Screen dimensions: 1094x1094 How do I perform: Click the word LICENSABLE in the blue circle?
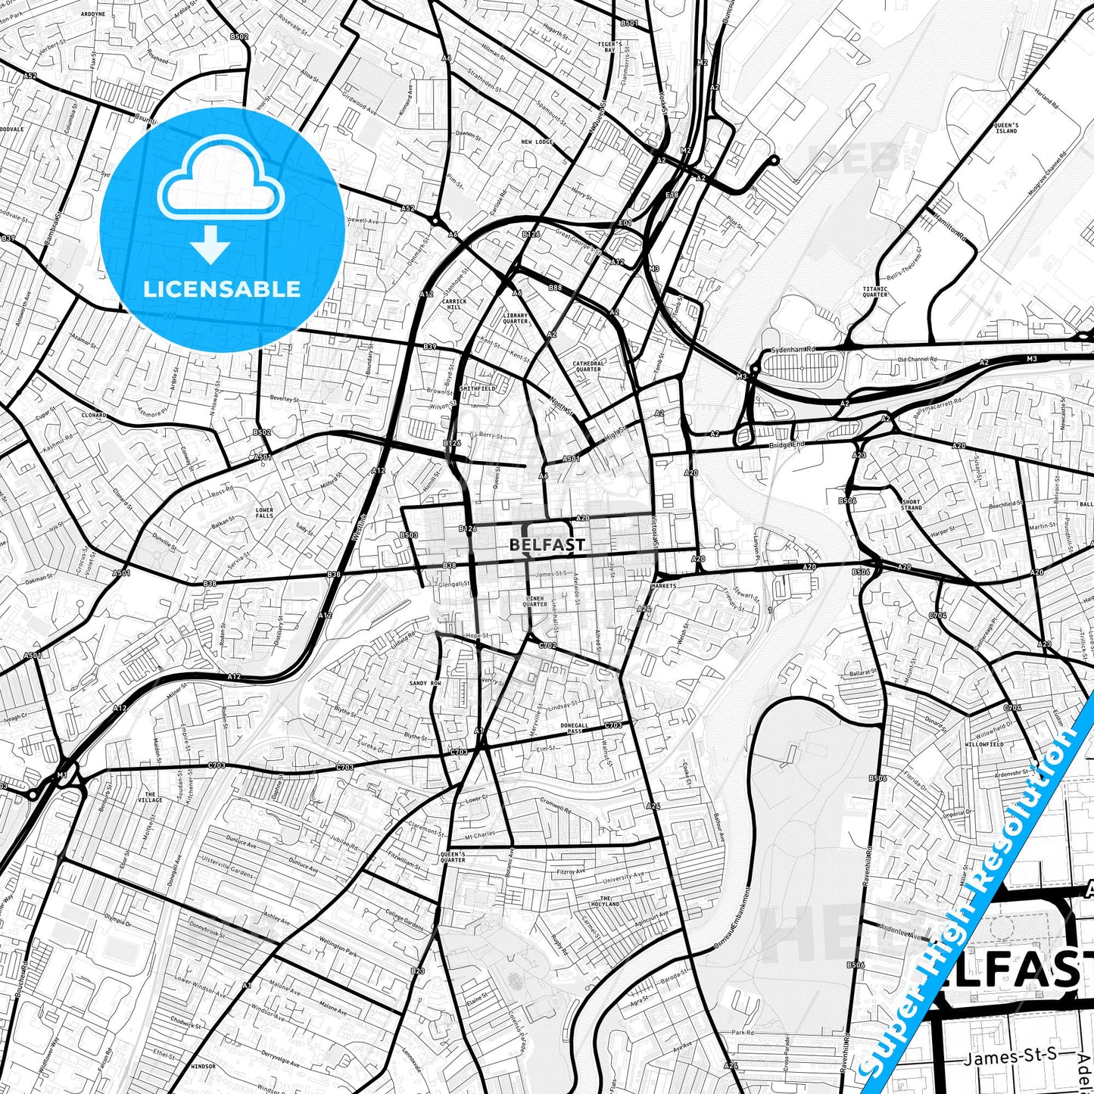pyautogui.click(x=222, y=288)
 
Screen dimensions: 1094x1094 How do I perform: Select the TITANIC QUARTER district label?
pyautogui.click(x=875, y=291)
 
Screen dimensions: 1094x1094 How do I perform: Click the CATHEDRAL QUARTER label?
pyautogui.click(x=588, y=366)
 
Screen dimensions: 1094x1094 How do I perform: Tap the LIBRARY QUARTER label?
pyautogui.click(x=516, y=318)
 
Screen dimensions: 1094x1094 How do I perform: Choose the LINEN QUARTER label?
pyautogui.click(x=535, y=601)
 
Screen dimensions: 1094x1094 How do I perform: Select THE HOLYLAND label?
pyautogui.click(x=605, y=901)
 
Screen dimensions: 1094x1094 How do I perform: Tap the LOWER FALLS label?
pyautogui.click(x=264, y=513)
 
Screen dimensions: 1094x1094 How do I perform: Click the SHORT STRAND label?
pyautogui.click(x=912, y=504)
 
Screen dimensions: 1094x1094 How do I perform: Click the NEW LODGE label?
pyautogui.click(x=537, y=142)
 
